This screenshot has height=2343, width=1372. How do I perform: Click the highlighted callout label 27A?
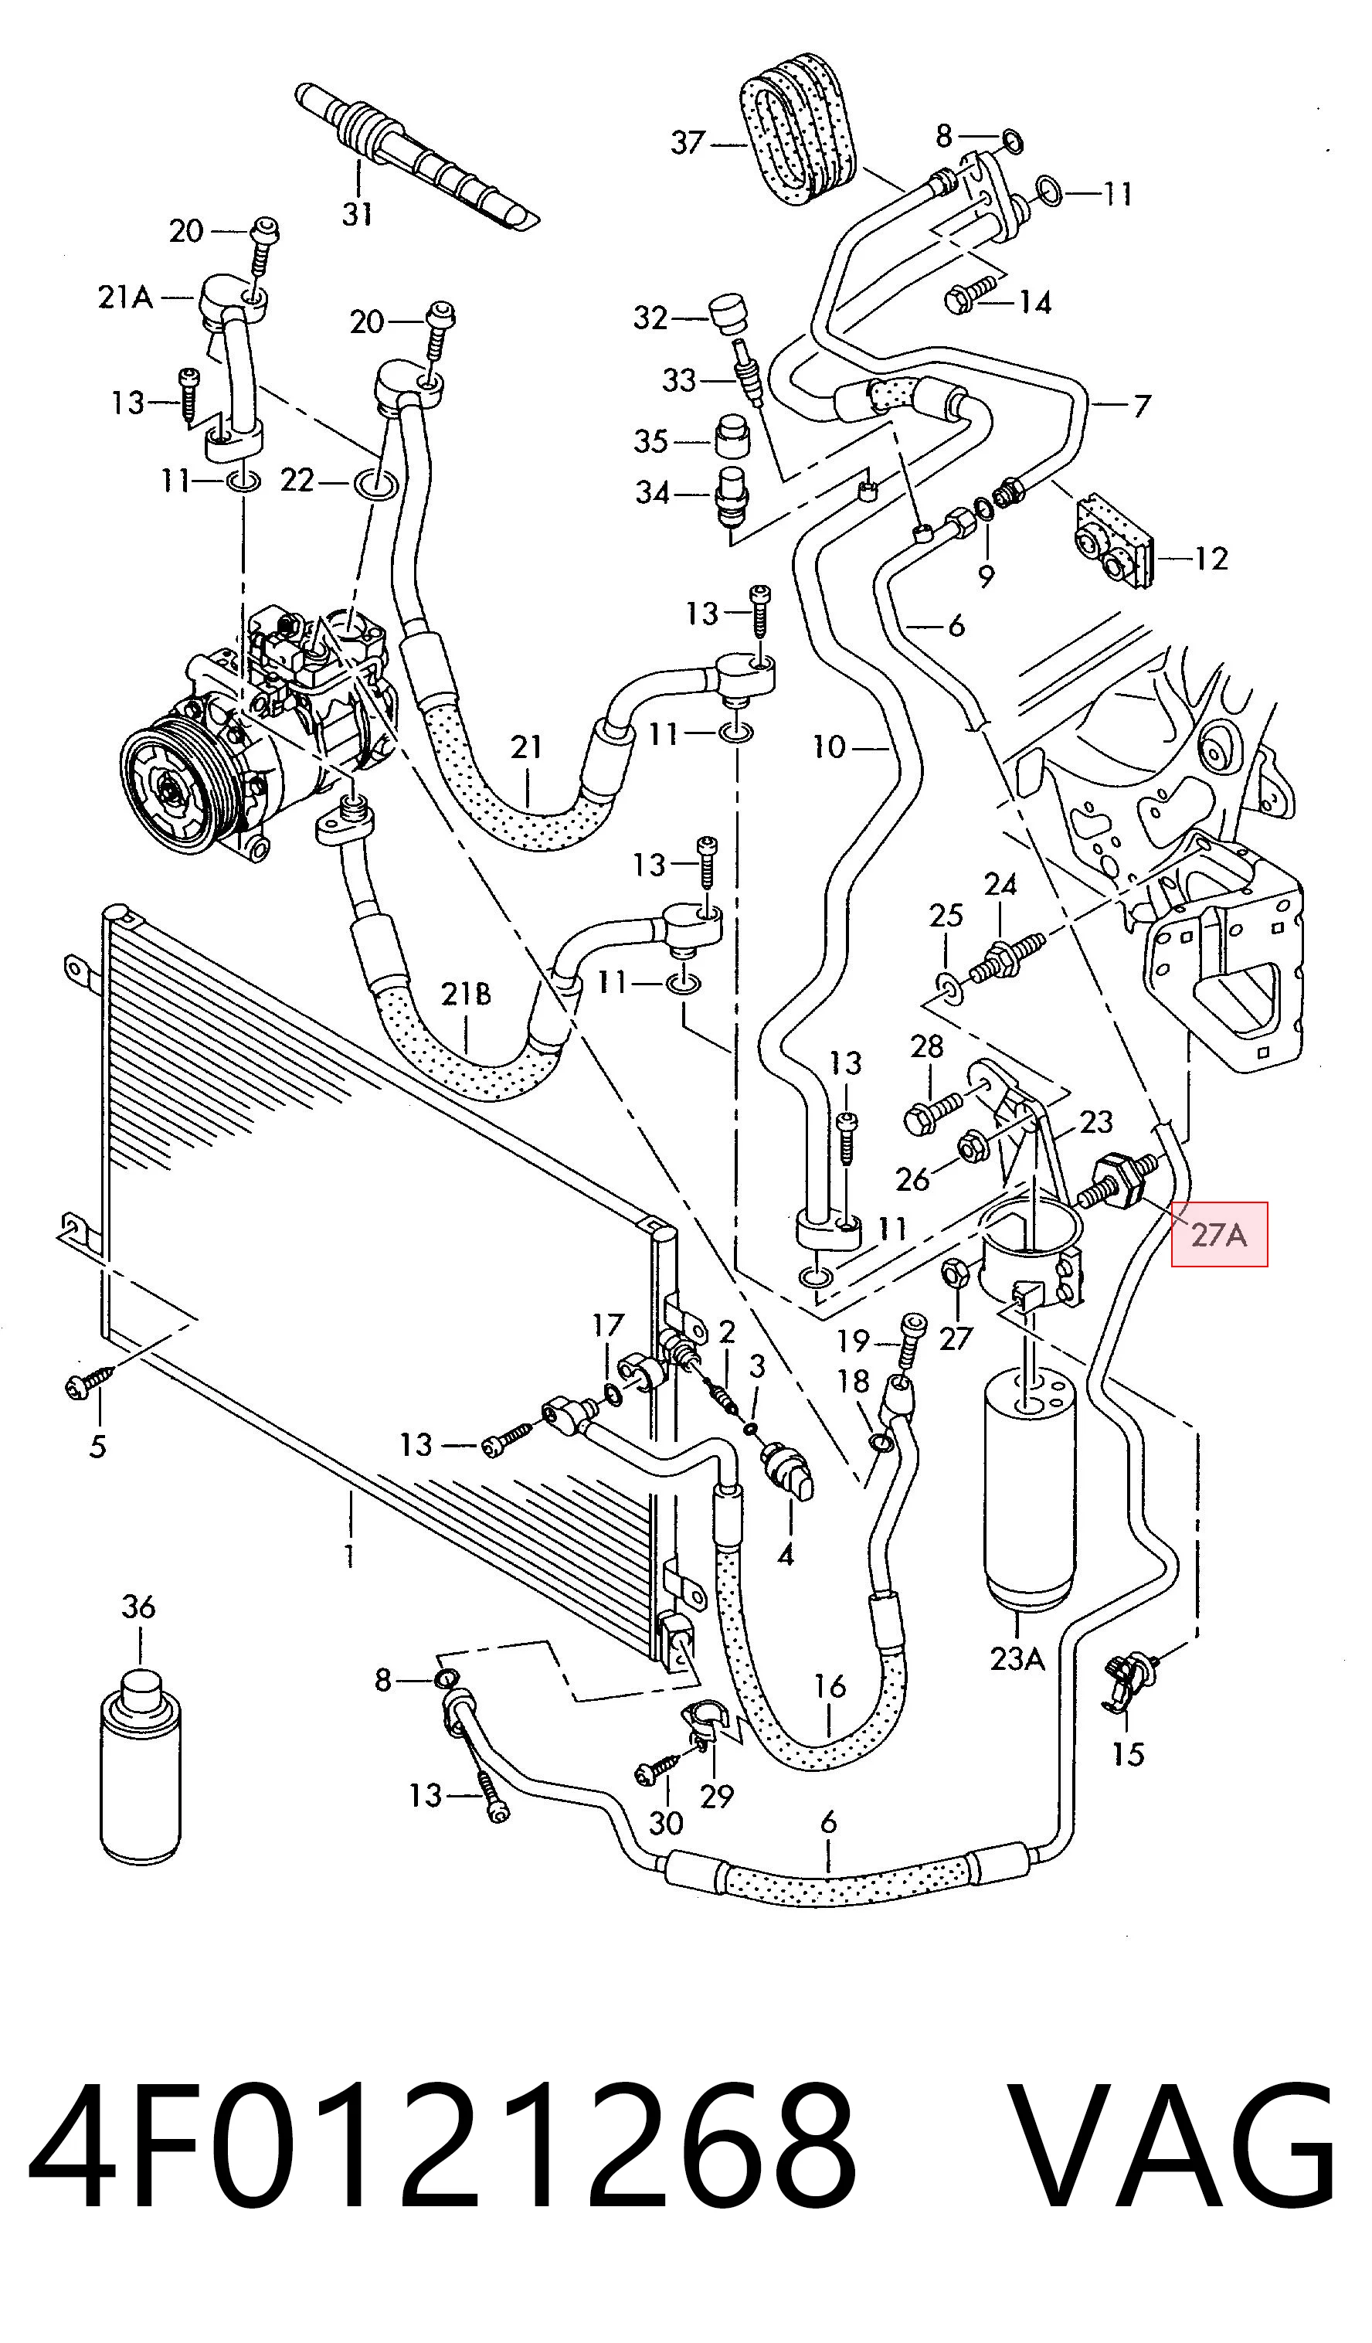pos(1218,1235)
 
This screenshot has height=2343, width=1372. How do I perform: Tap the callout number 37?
pos(688,143)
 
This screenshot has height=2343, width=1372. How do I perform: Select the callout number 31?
pos(357,214)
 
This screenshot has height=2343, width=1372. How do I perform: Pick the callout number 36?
pos(138,1607)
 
